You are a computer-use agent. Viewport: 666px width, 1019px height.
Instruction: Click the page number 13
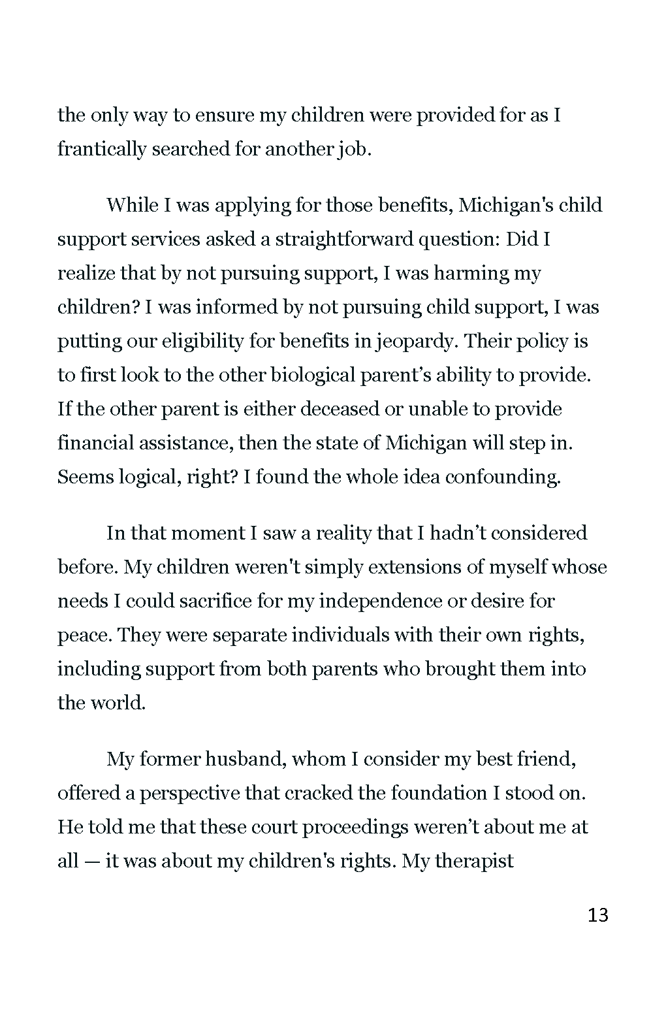[x=597, y=915]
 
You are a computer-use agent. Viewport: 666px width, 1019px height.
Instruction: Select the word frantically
[x=102, y=150]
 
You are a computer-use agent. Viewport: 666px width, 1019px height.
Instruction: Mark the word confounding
[x=503, y=477]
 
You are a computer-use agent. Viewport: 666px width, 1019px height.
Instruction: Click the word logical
[x=148, y=477]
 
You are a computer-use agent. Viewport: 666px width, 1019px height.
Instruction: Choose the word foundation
[x=439, y=794]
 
